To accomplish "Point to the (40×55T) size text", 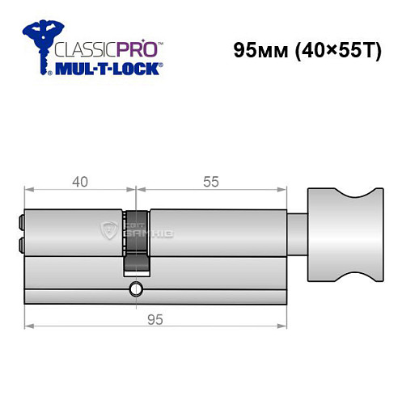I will (x=335, y=49).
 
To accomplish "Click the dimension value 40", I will (x=78, y=182).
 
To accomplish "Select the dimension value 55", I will (x=211, y=182).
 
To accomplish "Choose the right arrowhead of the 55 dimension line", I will (x=285, y=191).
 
